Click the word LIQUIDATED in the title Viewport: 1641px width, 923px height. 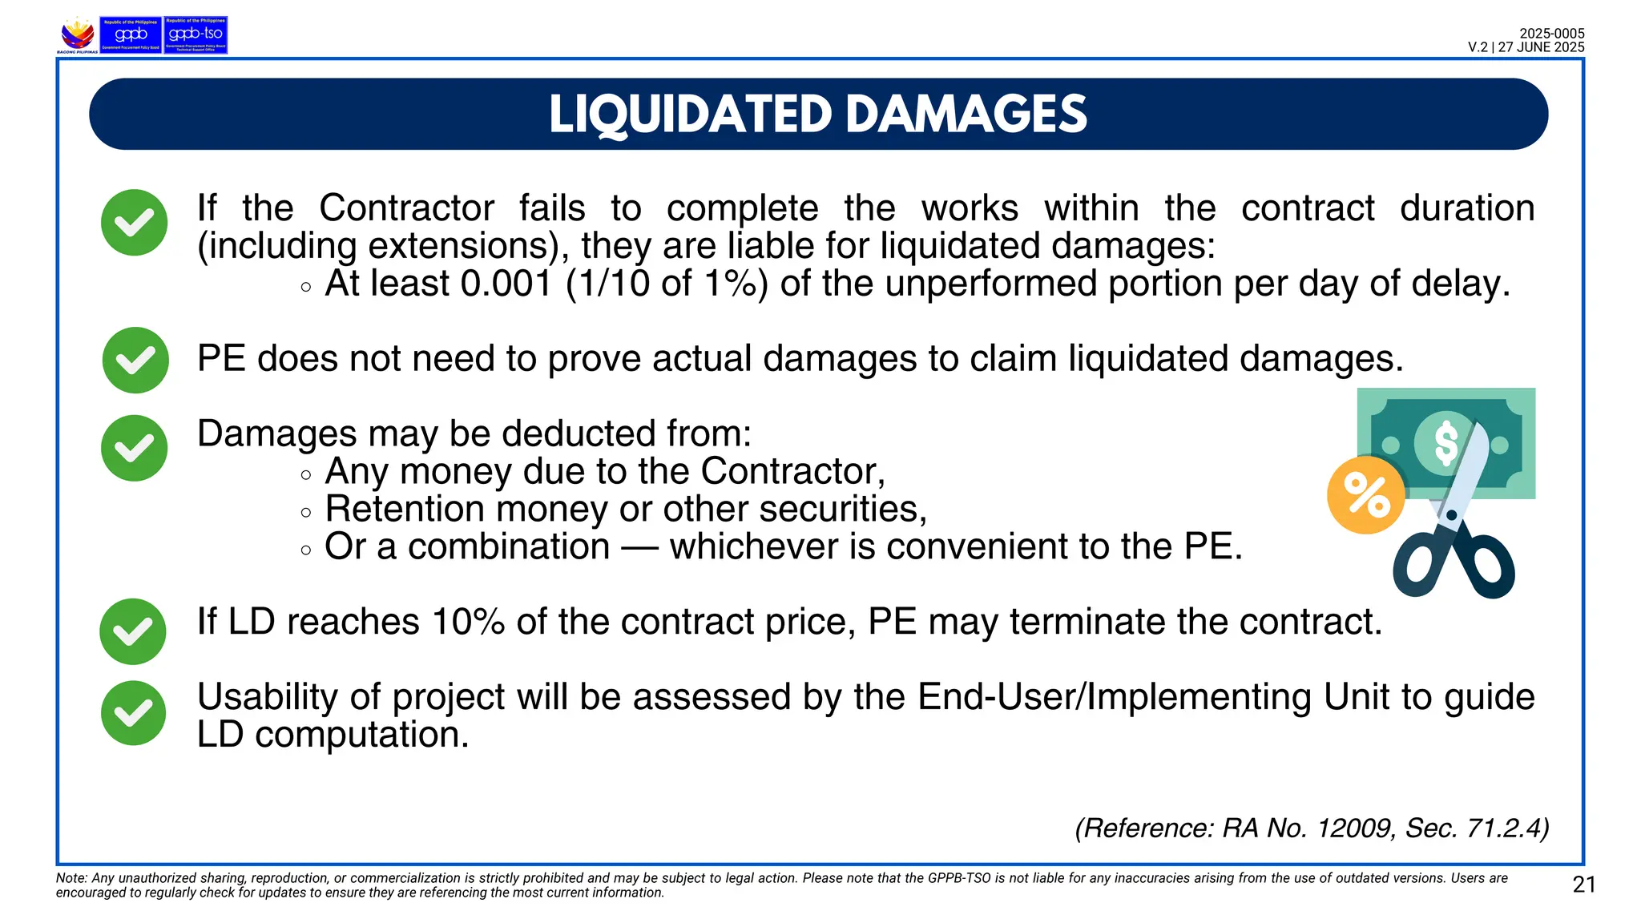(x=690, y=115)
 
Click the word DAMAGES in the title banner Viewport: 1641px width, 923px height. (x=966, y=115)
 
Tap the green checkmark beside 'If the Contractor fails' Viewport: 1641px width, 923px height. (x=134, y=223)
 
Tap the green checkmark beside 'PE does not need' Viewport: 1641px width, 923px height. (x=135, y=361)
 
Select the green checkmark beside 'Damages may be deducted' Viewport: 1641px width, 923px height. (x=134, y=448)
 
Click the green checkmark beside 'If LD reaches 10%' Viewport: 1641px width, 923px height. (x=133, y=631)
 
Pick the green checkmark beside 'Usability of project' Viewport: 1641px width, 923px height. (x=133, y=713)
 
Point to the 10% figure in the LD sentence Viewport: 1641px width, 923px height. (x=468, y=622)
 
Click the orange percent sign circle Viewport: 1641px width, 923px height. (x=1366, y=495)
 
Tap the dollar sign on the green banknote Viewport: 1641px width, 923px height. (x=1445, y=443)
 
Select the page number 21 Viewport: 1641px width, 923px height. (x=1584, y=885)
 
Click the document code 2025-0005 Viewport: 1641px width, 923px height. (x=1551, y=34)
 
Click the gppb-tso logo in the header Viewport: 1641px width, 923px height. (x=196, y=35)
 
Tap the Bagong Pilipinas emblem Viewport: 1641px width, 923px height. (x=77, y=35)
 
